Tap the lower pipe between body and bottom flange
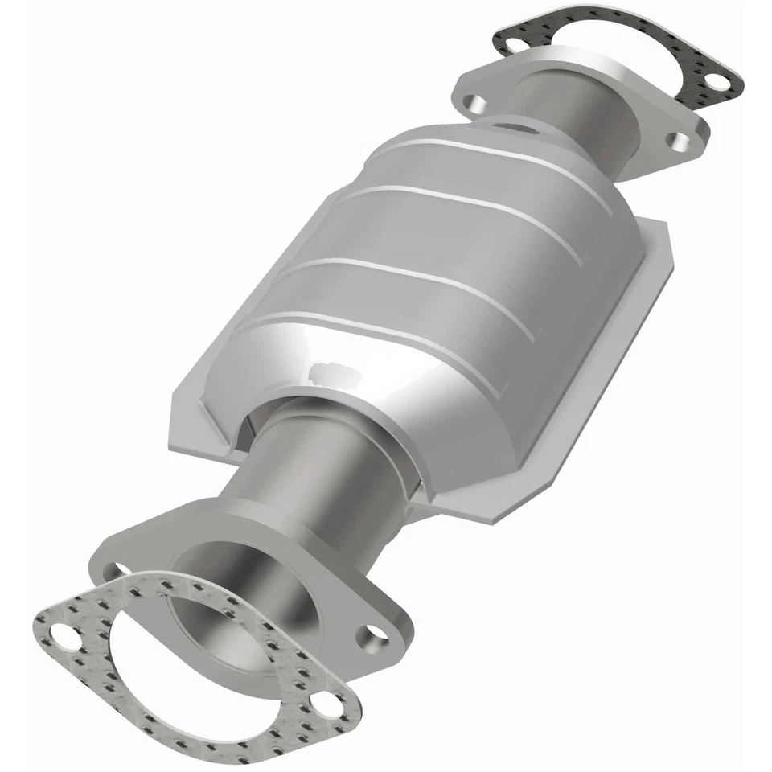[x=322, y=466]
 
